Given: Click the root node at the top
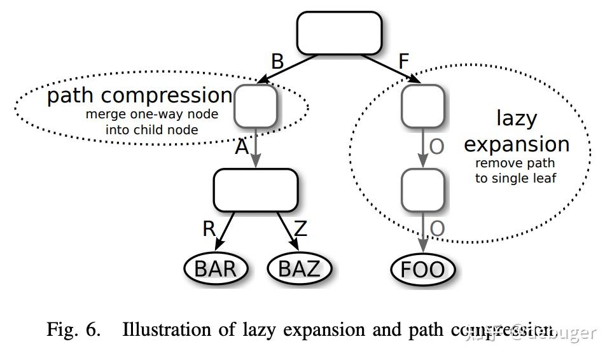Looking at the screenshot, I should pyautogui.click(x=340, y=33).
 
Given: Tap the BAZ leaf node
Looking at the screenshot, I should pyautogui.click(x=300, y=268).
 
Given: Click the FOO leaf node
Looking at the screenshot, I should pyautogui.click(x=422, y=269).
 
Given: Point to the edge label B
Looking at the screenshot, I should pyautogui.click(x=277, y=62).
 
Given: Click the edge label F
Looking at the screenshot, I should pyautogui.click(x=403, y=62).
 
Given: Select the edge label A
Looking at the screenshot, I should pyautogui.click(x=242, y=147).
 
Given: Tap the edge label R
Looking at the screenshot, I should pyautogui.click(x=209, y=228).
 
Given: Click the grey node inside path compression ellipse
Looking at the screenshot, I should pyautogui.click(x=256, y=106).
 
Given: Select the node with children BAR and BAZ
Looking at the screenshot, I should pyautogui.click(x=255, y=190).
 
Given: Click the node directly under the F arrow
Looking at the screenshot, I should pyautogui.click(x=422, y=106).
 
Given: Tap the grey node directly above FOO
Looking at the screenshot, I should pyautogui.click(x=422, y=190).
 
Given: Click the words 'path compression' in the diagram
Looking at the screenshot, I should pyautogui.click(x=140, y=95).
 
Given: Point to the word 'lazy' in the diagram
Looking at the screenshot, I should pyautogui.click(x=517, y=118).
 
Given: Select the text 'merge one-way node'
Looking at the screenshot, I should pyautogui.click(x=151, y=114).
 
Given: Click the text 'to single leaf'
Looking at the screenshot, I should pyautogui.click(x=515, y=178).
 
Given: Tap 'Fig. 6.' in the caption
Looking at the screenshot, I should pyautogui.click(x=74, y=330).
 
